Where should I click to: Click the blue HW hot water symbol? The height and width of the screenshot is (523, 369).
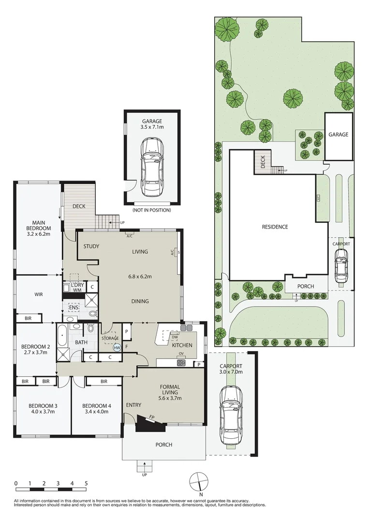click(117, 348)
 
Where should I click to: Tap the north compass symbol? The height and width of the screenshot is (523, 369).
click(198, 482)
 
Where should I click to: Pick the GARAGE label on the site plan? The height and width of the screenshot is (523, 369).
click(339, 135)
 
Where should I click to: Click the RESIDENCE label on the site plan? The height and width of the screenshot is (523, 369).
click(275, 227)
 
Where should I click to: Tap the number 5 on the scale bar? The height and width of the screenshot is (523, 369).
click(86, 483)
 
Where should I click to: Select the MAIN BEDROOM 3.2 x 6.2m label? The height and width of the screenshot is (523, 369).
click(39, 228)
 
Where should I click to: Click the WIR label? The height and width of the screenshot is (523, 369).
click(39, 294)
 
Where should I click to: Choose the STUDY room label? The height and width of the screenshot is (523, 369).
click(91, 246)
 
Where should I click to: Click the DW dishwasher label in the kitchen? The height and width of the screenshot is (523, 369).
click(175, 337)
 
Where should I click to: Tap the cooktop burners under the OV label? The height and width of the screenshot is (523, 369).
click(181, 363)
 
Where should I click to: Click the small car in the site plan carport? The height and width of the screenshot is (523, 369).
click(341, 265)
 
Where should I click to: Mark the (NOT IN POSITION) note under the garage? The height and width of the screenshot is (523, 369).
click(151, 210)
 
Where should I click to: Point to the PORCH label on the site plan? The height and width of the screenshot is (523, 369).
click(305, 286)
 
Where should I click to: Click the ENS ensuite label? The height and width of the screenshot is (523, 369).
click(74, 307)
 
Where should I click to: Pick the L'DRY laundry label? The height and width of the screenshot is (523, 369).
click(77, 285)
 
